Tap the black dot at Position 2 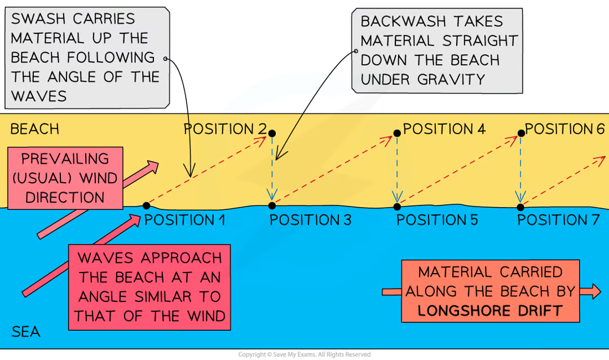tap(272, 134)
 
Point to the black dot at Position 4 tap(397, 134)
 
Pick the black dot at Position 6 tap(522, 134)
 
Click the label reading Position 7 tap(558, 219)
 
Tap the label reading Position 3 tap(310, 219)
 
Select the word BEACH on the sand tap(34, 129)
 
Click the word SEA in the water tap(26, 332)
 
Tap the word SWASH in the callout tap(39, 19)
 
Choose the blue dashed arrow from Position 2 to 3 tap(272, 169)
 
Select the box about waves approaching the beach tap(149, 287)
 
